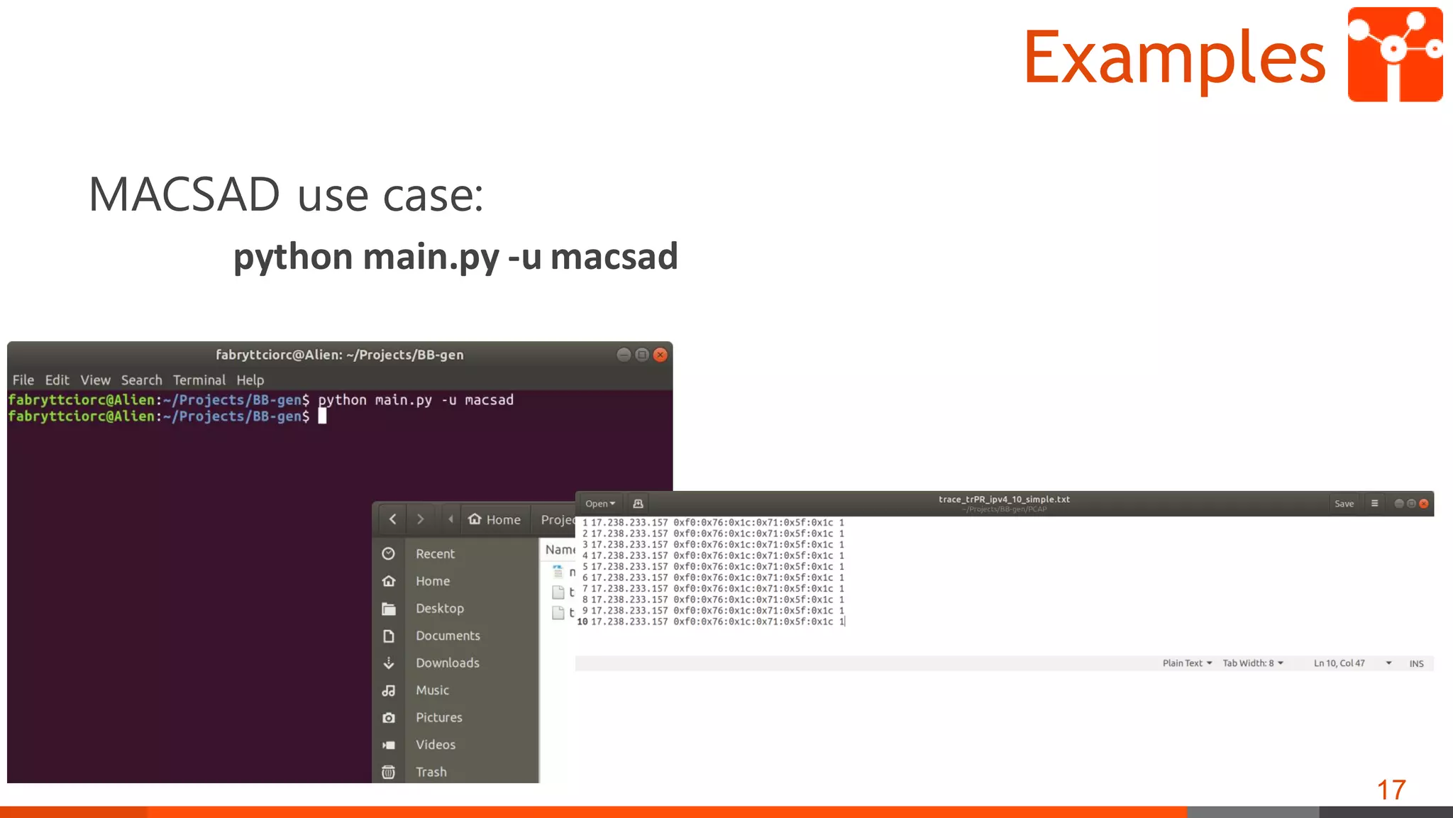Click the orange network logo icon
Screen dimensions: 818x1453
click(1395, 55)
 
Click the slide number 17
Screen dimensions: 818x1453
click(1391, 790)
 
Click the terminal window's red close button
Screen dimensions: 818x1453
click(660, 355)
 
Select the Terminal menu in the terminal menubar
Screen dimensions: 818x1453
click(199, 380)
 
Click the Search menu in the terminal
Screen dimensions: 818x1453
click(141, 380)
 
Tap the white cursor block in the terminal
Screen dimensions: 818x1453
click(322, 416)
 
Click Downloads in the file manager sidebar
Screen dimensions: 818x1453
click(447, 663)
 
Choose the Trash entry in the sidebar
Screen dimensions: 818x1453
click(431, 772)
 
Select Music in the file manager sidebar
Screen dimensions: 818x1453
click(432, 690)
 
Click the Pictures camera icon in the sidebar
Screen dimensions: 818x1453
click(389, 718)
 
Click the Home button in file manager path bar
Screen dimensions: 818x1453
click(495, 519)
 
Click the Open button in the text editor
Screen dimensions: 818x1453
click(600, 504)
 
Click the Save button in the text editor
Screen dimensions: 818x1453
click(1344, 504)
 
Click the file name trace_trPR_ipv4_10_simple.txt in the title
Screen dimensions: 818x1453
click(1004, 499)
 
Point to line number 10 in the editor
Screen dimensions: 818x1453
click(582, 621)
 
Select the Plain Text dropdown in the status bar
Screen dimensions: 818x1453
click(1186, 663)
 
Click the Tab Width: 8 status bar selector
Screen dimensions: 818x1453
click(1252, 663)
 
